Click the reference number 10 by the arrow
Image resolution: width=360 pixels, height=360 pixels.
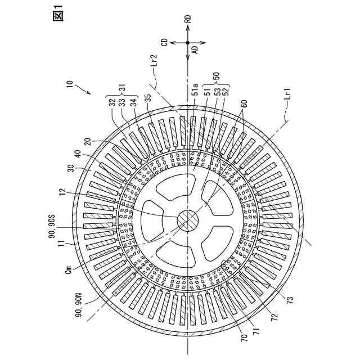coord(69,85)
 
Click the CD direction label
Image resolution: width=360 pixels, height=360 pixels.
coord(165,42)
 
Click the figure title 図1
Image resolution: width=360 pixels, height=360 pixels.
coord(58,12)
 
